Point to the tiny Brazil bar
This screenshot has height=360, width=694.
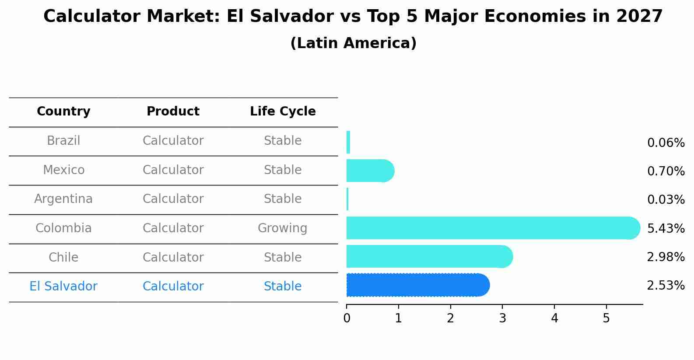[x=348, y=142]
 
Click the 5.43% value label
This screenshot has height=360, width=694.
[x=666, y=228]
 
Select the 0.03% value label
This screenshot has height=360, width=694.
[x=666, y=200]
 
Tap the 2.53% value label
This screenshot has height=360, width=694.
[x=666, y=286]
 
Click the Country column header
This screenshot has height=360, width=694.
[x=63, y=112]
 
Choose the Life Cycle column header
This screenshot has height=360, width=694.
[x=283, y=112]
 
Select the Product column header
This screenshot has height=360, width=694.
[x=173, y=112]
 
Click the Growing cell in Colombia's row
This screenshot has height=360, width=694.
[x=282, y=228]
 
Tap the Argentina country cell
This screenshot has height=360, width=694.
[x=63, y=199]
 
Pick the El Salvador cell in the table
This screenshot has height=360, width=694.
[x=63, y=287]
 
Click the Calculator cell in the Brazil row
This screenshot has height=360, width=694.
[x=173, y=141]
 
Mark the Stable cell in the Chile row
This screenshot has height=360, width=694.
[x=282, y=257]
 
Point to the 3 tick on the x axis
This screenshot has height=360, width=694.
[x=502, y=318]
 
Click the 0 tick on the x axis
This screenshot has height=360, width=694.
[x=347, y=318]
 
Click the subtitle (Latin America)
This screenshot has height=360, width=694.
[x=353, y=43]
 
